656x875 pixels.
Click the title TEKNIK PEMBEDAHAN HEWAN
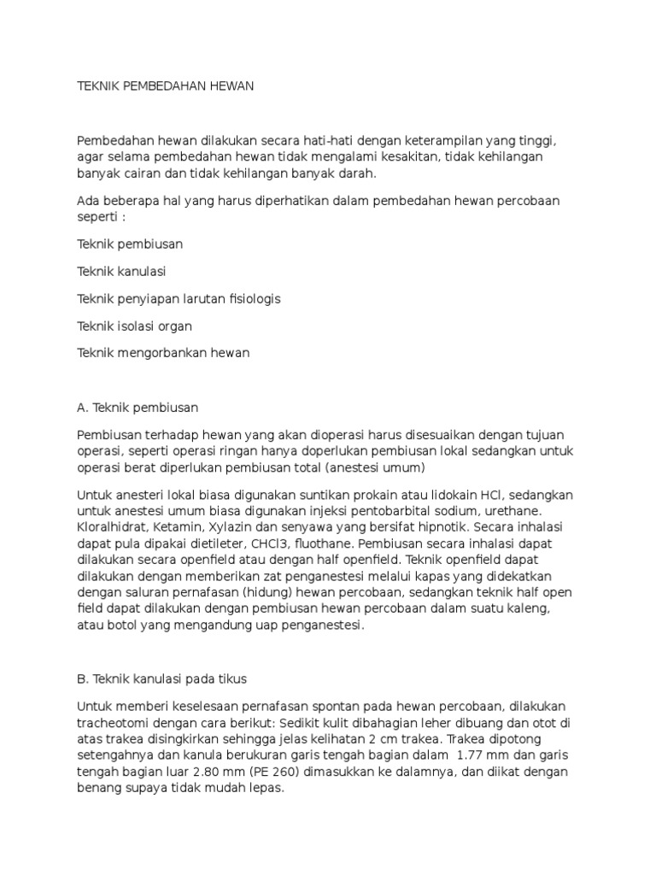click(x=166, y=87)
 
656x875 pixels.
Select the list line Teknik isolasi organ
click(x=134, y=326)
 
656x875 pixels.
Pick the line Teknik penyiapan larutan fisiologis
click(x=179, y=299)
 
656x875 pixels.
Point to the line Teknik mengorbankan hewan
click(x=163, y=353)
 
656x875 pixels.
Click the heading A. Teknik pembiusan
click(x=138, y=407)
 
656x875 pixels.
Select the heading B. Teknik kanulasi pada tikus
click(x=161, y=679)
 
